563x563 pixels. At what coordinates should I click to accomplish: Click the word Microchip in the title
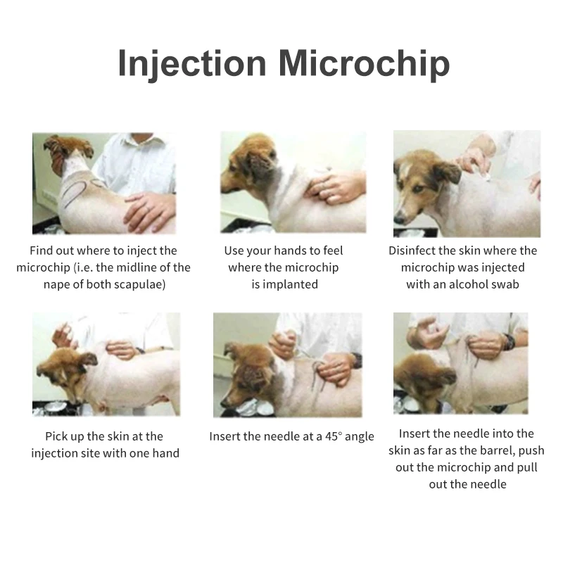click(x=363, y=63)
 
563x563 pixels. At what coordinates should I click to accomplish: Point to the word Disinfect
click(x=415, y=251)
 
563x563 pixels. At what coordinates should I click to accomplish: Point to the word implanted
click(x=294, y=284)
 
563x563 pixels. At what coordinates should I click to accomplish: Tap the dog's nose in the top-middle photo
click(x=224, y=188)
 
